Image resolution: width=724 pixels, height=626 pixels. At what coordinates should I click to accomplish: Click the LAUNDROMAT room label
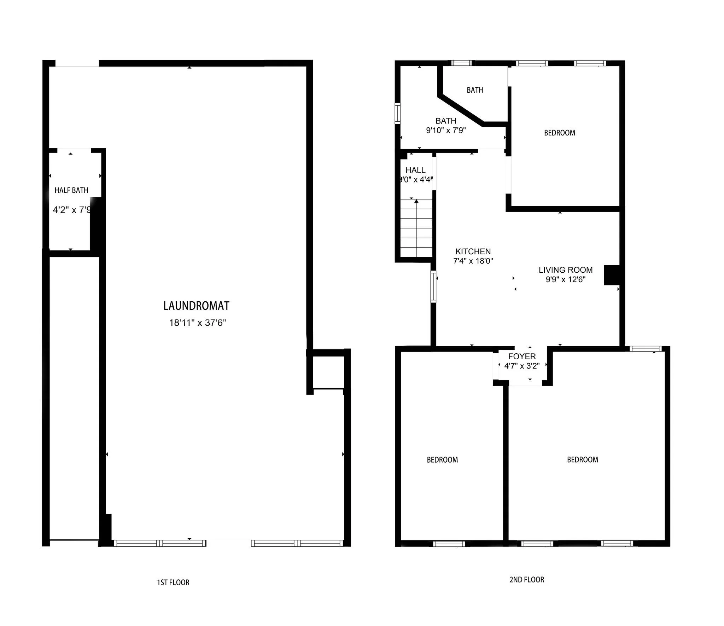pyautogui.click(x=196, y=306)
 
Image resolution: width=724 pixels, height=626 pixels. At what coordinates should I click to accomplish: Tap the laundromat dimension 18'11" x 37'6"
pyautogui.click(x=197, y=323)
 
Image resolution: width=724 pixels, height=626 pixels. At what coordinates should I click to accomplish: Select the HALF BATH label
pyautogui.click(x=71, y=190)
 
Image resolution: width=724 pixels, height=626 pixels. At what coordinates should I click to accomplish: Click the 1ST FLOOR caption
pyautogui.click(x=173, y=582)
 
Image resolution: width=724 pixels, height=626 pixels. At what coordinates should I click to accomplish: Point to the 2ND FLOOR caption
pyautogui.click(x=526, y=580)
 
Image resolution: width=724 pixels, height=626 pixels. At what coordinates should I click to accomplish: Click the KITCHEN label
pyautogui.click(x=473, y=251)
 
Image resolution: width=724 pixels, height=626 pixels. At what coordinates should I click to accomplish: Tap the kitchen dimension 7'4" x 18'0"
pyautogui.click(x=473, y=261)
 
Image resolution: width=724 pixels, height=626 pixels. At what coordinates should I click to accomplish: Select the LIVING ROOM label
pyautogui.click(x=565, y=270)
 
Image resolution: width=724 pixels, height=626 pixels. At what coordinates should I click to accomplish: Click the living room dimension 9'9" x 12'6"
pyautogui.click(x=565, y=279)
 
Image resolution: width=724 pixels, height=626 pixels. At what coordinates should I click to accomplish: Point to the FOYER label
pyautogui.click(x=522, y=357)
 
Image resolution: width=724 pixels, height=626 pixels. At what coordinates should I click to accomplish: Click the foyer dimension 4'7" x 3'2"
pyautogui.click(x=522, y=366)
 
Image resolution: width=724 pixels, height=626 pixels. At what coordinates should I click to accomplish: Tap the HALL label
pyautogui.click(x=415, y=170)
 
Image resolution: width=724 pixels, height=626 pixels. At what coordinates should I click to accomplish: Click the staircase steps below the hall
pyautogui.click(x=416, y=230)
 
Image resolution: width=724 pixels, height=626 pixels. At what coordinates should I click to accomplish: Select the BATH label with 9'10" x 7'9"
pyautogui.click(x=446, y=121)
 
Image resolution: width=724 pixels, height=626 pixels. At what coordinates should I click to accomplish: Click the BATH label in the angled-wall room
pyautogui.click(x=475, y=90)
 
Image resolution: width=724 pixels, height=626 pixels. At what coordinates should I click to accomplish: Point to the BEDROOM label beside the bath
pyautogui.click(x=559, y=133)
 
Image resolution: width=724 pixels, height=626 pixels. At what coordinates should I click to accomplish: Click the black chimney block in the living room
pyautogui.click(x=612, y=275)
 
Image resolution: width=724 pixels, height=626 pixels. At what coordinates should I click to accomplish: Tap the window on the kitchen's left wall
pyautogui.click(x=433, y=286)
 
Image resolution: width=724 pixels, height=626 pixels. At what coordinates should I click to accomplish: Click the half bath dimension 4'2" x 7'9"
pyautogui.click(x=72, y=210)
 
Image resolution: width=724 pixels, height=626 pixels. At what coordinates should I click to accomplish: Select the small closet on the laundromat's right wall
pyautogui.click(x=328, y=372)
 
